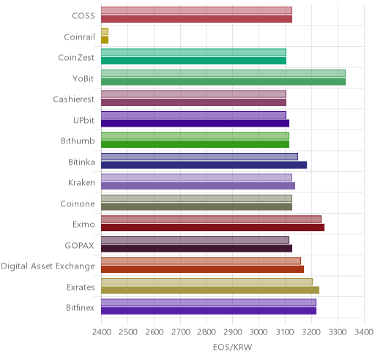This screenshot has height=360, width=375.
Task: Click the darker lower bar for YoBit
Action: [x=223, y=82]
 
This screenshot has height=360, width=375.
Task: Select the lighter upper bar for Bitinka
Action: [x=199, y=157]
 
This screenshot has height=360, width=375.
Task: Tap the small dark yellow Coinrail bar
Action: [x=105, y=40]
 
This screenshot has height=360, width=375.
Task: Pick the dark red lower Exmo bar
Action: [x=213, y=228]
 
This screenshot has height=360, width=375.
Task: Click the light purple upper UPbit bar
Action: [x=193, y=115]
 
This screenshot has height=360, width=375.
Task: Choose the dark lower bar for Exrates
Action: [x=210, y=290]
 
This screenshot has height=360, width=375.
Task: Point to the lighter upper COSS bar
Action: [x=196, y=10]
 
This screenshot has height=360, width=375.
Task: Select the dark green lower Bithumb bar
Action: [x=196, y=144]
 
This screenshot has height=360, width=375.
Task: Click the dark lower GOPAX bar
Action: [x=197, y=249]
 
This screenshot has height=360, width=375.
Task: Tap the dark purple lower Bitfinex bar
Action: [x=209, y=311]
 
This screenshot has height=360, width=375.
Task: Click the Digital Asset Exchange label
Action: [x=48, y=266]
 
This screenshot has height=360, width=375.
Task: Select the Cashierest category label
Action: [x=74, y=100]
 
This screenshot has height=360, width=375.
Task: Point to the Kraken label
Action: [x=81, y=183]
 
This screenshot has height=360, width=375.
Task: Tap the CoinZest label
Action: [x=76, y=58]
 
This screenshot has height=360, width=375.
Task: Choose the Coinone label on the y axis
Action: [x=78, y=203]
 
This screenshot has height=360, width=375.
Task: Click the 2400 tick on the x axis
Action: [x=102, y=332]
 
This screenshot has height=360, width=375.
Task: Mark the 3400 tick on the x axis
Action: [x=364, y=332]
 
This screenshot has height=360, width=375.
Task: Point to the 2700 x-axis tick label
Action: [x=180, y=332]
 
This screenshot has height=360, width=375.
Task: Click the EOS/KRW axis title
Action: [x=232, y=347]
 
